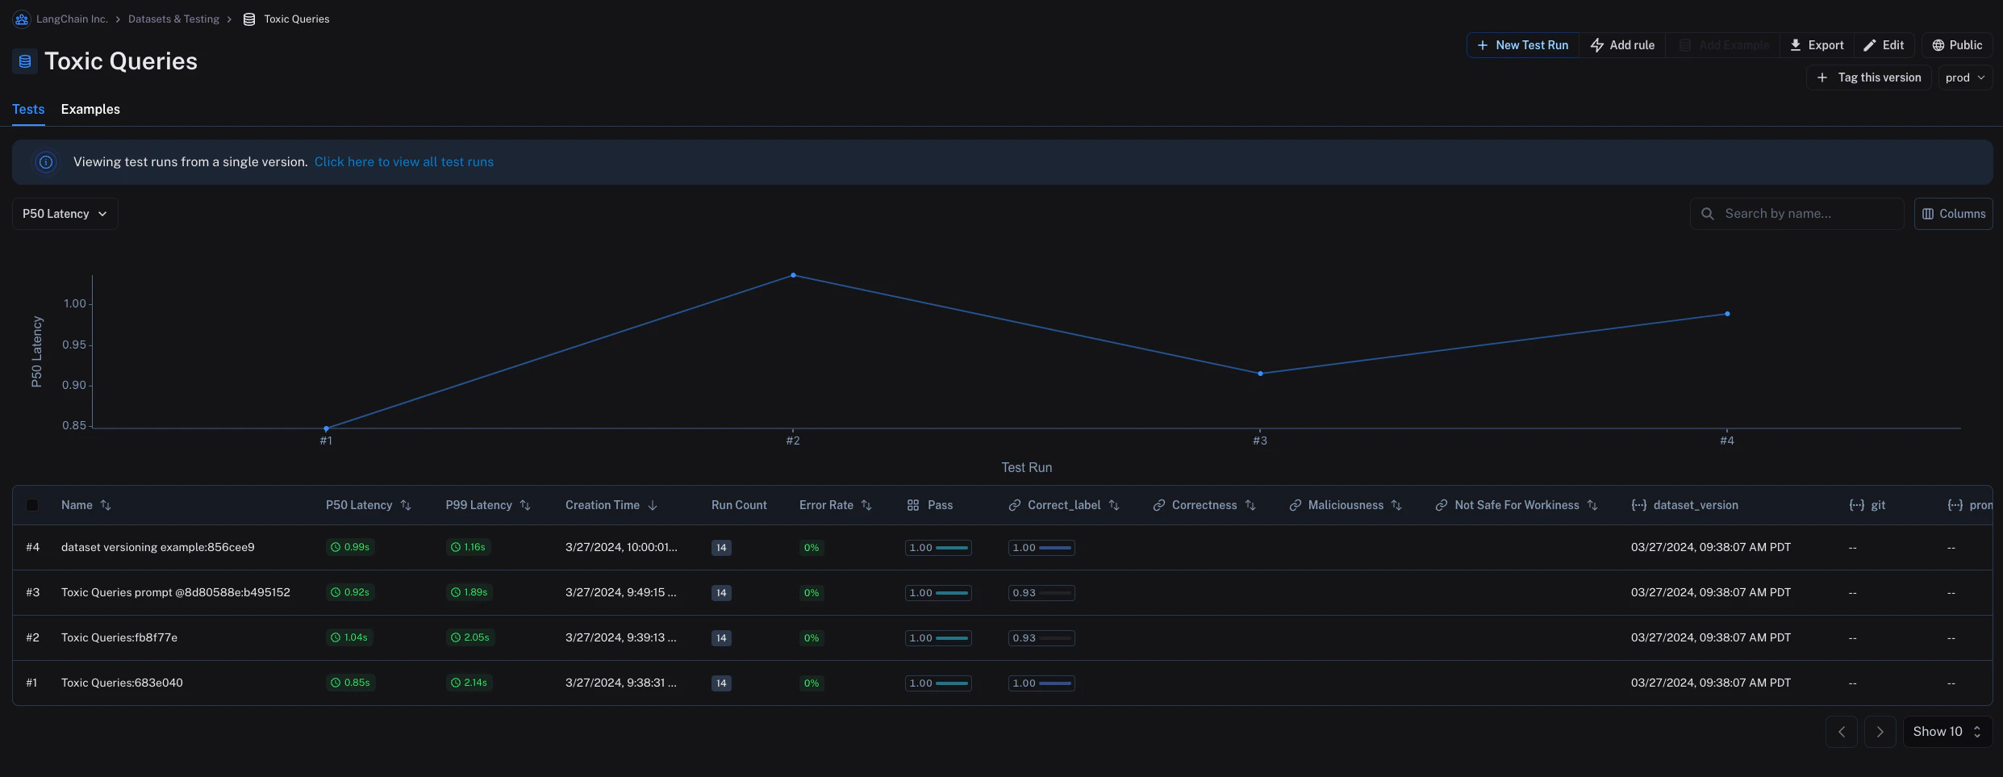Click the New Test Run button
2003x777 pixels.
[x=1522, y=45]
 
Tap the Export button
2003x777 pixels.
[x=1817, y=45]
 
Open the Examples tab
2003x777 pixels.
[x=90, y=109]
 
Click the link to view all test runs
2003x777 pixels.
[x=403, y=162]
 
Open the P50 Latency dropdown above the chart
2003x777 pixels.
[x=65, y=214]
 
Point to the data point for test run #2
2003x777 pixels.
[x=793, y=276]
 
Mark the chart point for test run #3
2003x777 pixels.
[x=1260, y=374]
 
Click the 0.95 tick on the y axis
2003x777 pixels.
[x=74, y=345]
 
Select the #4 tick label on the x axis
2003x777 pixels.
[x=1726, y=441]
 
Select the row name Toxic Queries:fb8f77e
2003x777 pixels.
[x=119, y=637]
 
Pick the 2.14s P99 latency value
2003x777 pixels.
[x=469, y=683]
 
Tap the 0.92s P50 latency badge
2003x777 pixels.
[x=350, y=592]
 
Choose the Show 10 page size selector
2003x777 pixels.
[x=1947, y=732]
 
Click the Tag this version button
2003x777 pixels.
[x=1868, y=77]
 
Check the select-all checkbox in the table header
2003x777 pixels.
[x=32, y=505]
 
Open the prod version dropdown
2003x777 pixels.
[x=1964, y=77]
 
